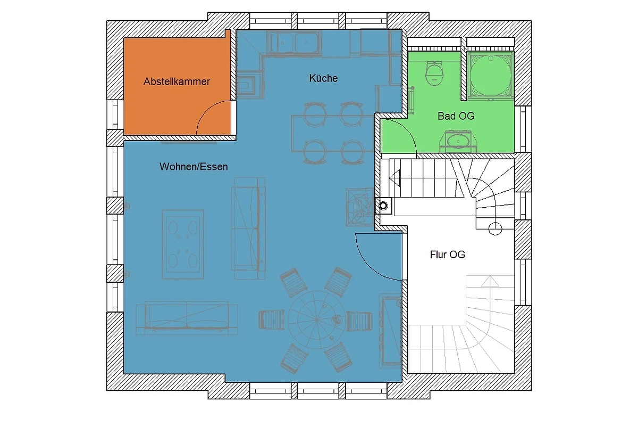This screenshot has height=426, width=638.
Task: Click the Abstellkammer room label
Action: tap(177, 81)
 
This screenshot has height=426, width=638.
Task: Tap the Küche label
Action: tap(323, 78)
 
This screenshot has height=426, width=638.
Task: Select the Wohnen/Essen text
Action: tap(194, 167)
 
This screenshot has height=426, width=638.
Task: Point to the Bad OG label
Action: tap(456, 116)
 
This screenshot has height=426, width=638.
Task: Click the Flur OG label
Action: tap(448, 255)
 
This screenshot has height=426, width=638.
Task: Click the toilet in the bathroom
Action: tap(434, 73)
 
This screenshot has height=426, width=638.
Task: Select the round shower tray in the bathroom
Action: tap(490, 76)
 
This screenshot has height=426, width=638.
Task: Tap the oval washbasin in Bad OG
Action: tap(458, 141)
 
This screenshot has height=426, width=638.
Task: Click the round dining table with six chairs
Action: tap(317, 320)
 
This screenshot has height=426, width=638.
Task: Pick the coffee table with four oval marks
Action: tap(183, 244)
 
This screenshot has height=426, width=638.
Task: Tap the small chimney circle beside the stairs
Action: tap(383, 206)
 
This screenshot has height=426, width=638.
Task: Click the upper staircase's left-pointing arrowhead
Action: tap(394, 178)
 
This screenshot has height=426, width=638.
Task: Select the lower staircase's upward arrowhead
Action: tap(490, 281)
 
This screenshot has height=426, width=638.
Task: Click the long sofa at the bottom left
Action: tap(187, 318)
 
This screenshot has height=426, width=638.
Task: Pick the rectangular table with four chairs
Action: tap(333, 133)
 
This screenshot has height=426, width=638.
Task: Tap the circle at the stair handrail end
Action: tap(495, 228)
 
